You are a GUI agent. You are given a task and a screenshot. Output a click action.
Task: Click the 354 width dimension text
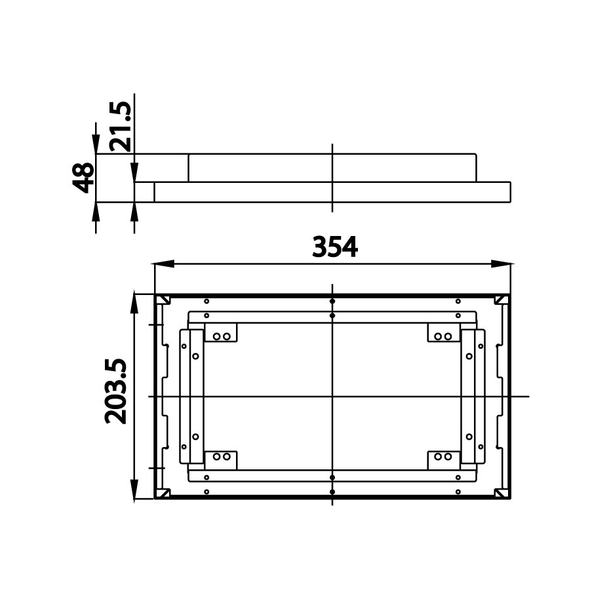pos(334,247)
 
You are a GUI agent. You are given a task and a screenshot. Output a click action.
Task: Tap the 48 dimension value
pos(83,178)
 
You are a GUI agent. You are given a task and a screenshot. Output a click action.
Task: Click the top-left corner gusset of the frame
pos(162,300)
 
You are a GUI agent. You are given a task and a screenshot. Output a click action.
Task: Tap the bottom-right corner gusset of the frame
pos(502,492)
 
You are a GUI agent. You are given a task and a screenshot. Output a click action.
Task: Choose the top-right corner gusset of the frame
pos(502,300)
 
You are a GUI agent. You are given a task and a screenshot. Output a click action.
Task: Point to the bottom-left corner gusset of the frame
pos(162,492)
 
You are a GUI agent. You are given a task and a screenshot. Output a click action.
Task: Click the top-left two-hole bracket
pos(221,334)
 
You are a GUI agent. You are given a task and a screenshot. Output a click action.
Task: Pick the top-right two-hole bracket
pos(444,334)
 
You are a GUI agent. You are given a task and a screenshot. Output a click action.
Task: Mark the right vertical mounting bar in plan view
pos(471,396)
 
